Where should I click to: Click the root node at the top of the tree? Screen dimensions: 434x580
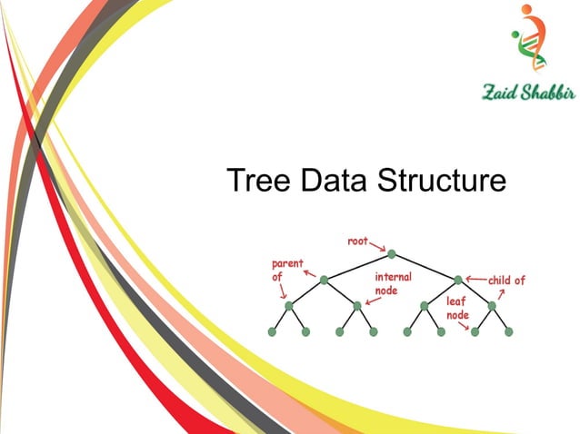pyautogui.click(x=391, y=253)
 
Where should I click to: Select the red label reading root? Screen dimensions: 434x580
pyautogui.click(x=358, y=242)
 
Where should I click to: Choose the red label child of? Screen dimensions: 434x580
pyautogui.click(x=506, y=281)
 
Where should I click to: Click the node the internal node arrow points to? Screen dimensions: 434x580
pyautogui.click(x=357, y=306)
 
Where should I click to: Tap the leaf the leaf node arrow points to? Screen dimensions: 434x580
pyautogui.click(x=475, y=332)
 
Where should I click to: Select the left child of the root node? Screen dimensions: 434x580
pyautogui.click(x=324, y=280)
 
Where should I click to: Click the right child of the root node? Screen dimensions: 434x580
pyautogui.click(x=458, y=280)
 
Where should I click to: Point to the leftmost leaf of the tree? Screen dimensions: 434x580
pyautogui.click(x=272, y=332)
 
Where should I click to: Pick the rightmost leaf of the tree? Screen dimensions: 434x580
pyautogui.click(x=508, y=332)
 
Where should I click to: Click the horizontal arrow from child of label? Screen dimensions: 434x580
pyautogui.click(x=475, y=280)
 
